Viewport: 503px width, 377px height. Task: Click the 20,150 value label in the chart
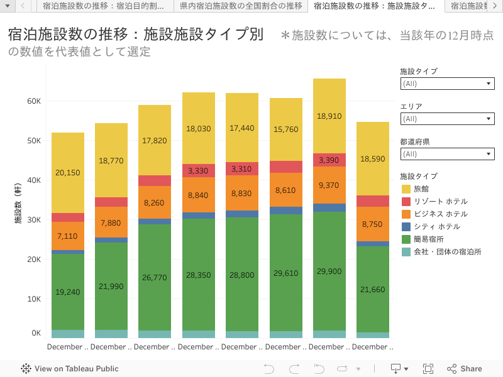pos(68,173)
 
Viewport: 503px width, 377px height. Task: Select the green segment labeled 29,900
pos(329,271)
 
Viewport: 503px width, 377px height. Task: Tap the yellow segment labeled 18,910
pos(329,116)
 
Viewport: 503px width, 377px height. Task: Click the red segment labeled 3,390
pos(329,160)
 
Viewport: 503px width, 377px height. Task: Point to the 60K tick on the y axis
pos(34,101)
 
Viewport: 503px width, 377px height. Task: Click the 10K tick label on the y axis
pos(34,299)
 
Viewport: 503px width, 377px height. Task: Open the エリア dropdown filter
pos(447,119)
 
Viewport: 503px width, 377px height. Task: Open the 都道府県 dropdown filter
pos(447,154)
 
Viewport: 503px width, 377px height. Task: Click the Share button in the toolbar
pos(465,369)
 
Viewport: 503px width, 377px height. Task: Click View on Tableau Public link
pos(70,369)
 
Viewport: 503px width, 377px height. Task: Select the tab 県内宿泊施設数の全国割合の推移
pos(241,6)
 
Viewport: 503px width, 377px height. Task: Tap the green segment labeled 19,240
pos(68,292)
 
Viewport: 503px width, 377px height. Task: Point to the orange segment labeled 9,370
pos(329,185)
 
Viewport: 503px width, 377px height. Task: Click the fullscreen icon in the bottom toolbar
pos(428,369)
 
